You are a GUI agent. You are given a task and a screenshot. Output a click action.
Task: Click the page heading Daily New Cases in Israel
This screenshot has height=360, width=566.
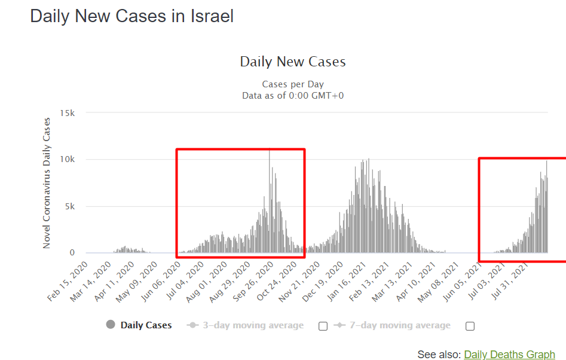(131, 16)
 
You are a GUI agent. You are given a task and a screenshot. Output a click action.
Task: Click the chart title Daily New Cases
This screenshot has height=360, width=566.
(293, 62)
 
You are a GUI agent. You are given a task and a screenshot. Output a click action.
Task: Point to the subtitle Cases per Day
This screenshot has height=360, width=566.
(293, 84)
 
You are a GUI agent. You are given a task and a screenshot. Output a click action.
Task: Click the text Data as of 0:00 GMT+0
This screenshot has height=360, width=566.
(293, 95)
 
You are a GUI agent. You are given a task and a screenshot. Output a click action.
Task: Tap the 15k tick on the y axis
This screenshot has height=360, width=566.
(67, 113)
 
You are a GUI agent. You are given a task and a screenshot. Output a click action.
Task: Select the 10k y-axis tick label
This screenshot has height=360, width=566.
(67, 160)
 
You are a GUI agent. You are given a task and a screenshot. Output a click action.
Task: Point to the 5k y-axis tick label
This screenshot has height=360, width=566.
(69, 206)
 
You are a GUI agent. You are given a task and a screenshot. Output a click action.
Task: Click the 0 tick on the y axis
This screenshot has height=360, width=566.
(72, 253)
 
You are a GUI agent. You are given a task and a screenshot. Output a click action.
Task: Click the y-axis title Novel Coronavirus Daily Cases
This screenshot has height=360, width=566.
(47, 183)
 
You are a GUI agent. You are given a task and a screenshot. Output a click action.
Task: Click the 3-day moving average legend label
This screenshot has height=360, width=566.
(252, 325)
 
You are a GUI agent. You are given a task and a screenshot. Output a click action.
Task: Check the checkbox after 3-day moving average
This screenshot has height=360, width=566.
(323, 326)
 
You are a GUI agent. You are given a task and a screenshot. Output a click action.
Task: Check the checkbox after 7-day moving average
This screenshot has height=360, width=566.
(470, 326)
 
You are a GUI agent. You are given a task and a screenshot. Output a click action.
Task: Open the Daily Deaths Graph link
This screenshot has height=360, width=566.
(509, 355)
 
